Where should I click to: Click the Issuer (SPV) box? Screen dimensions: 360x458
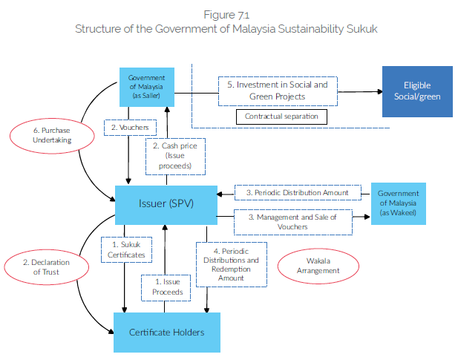coord(166,204)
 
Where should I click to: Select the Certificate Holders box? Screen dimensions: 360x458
coord(166,332)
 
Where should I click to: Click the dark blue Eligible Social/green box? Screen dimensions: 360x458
coord(416,91)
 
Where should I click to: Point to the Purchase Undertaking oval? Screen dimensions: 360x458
coord(45,136)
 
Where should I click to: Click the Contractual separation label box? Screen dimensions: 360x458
coord(281,117)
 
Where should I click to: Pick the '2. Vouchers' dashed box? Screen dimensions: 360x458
coord(130,128)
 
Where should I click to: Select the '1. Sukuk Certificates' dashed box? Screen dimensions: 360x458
coord(124,249)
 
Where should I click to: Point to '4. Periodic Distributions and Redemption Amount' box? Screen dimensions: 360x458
coord(231,264)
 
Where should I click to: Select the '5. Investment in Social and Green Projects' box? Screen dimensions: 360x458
coord(278,91)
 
